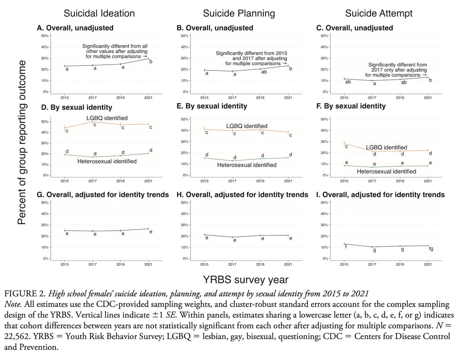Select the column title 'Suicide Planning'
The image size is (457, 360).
tap(238, 13)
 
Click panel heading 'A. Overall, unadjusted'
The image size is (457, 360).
tap(70, 28)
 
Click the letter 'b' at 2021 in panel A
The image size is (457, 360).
tap(150, 62)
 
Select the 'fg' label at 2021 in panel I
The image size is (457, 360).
tap(430, 249)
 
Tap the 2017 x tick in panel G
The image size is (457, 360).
tap(93, 264)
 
